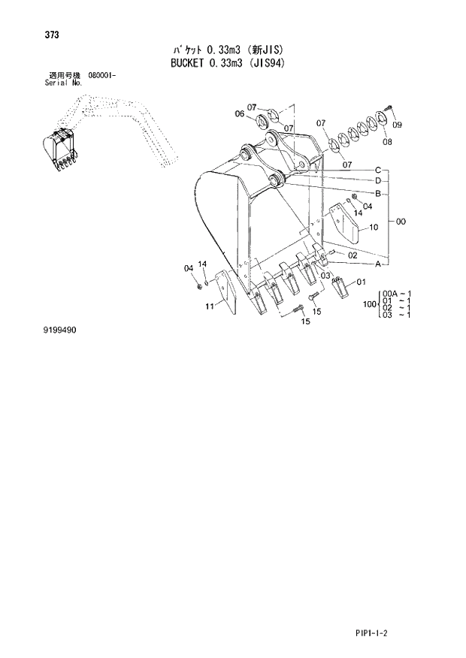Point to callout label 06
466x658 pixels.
[239, 114]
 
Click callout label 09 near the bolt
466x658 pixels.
[398, 125]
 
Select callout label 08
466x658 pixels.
[387, 141]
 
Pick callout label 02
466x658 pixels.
[352, 256]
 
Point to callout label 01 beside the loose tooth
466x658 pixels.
[360, 282]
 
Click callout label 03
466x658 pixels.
[325, 276]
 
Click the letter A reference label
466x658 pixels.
[379, 264]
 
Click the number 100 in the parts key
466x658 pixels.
[368, 304]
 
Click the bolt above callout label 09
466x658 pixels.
[388, 111]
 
